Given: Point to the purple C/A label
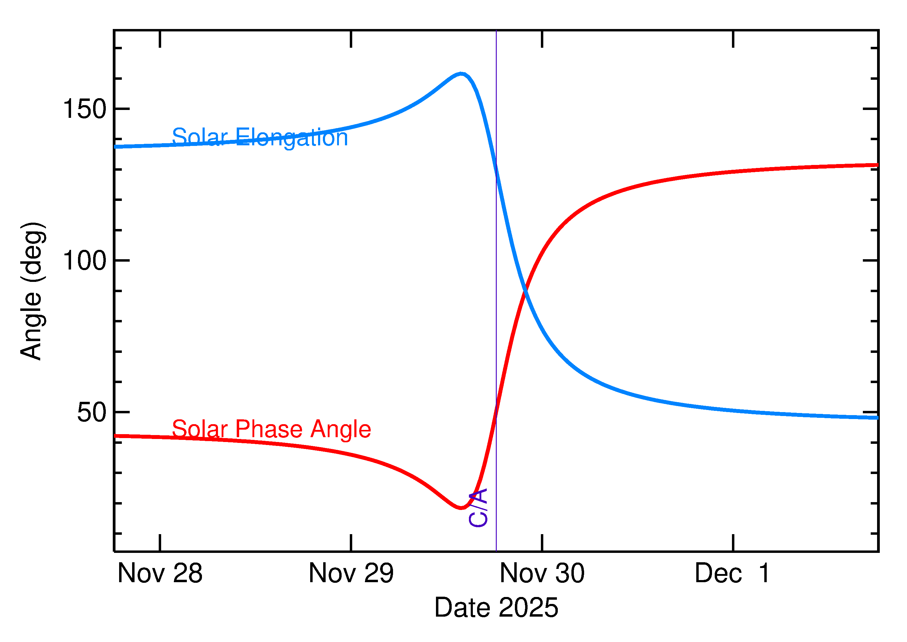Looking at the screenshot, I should point(478,508).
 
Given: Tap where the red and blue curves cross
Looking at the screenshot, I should point(525,291).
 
